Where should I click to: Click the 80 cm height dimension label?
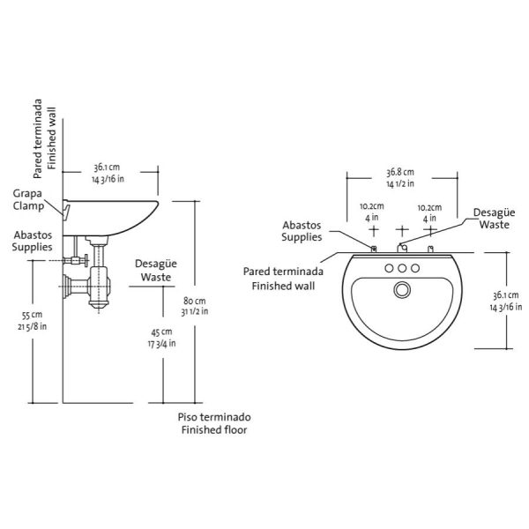click(194, 306)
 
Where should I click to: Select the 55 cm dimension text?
click(33, 321)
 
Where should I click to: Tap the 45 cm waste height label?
click(161, 338)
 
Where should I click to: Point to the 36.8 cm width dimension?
click(400, 178)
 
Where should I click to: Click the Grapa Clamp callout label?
click(28, 200)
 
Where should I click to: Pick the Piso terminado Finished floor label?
click(214, 423)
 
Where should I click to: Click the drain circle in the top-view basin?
click(402, 289)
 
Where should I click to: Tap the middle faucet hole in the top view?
click(402, 268)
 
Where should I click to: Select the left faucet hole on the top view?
click(389, 268)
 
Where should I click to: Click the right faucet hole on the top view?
click(415, 268)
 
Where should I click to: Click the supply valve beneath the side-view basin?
click(76, 260)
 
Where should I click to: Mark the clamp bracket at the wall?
click(66, 210)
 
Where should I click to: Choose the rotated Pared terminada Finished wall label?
click(45, 138)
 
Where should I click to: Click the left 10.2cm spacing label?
click(372, 212)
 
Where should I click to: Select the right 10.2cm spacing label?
click(429, 213)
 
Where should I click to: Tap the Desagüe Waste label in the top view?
click(494, 219)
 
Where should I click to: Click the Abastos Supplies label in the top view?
click(302, 231)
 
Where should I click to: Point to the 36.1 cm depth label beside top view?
click(506, 301)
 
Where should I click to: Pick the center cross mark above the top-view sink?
click(402, 231)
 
